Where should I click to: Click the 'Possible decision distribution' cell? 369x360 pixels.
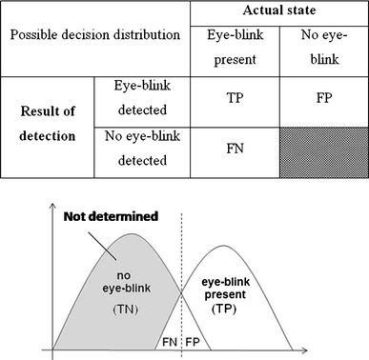[95, 34]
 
